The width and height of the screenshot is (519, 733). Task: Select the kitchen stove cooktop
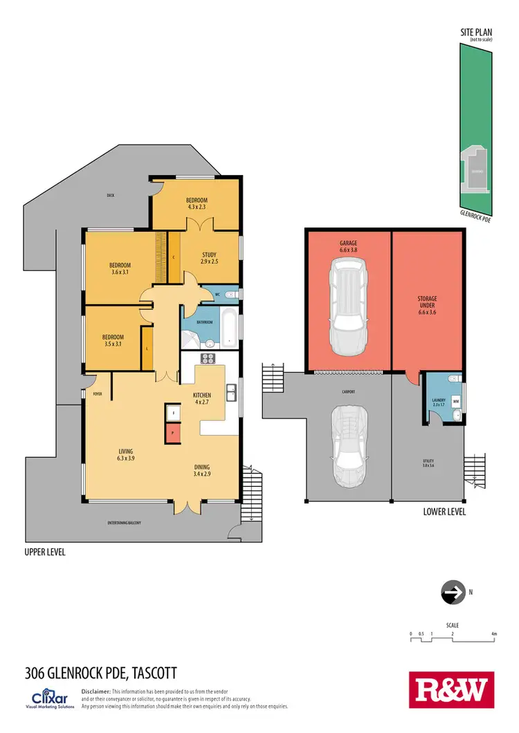coord(208,358)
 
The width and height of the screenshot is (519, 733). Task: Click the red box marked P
coord(172,433)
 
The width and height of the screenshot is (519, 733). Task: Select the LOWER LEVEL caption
coord(444,512)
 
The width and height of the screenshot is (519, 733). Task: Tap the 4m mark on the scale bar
coord(493,633)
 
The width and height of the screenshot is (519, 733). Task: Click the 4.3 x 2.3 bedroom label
coord(197,204)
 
